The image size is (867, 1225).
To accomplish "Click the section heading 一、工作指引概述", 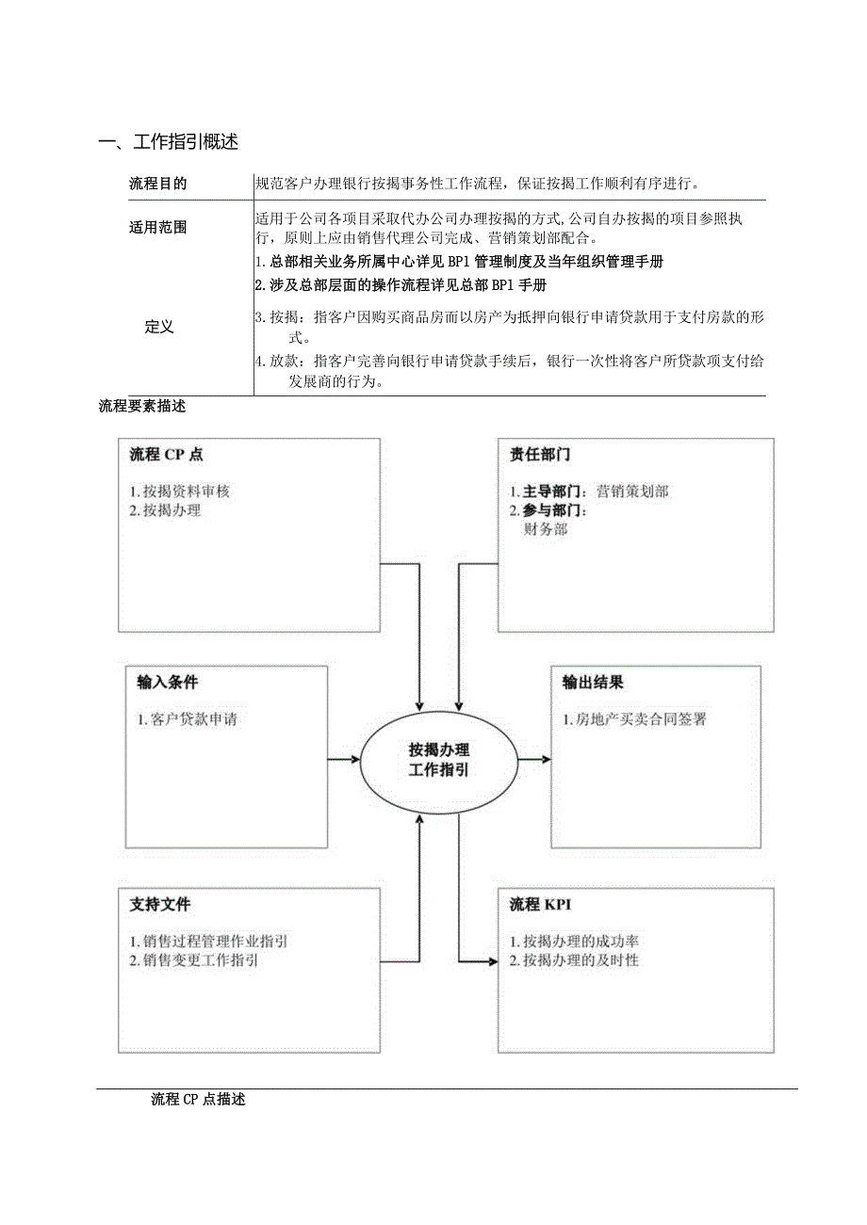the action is (x=169, y=143).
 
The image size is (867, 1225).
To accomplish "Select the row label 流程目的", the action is (x=157, y=184).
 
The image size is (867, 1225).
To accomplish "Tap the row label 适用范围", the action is (x=157, y=227).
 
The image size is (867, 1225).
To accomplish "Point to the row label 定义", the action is (x=159, y=327).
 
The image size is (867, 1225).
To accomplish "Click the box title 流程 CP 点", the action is (x=166, y=454).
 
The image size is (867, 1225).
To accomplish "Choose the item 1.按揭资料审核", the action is (x=179, y=492).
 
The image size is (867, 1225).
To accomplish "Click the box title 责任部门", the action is (x=540, y=454).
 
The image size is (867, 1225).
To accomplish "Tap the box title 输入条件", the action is (x=168, y=683).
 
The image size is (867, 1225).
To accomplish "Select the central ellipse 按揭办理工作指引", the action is (x=438, y=759).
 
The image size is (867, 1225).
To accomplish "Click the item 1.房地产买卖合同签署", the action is (x=634, y=720).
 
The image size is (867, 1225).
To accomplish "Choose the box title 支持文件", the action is (x=160, y=905).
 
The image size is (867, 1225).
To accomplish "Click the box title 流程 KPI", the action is (x=540, y=905).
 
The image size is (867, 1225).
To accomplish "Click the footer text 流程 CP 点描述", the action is (x=198, y=1099).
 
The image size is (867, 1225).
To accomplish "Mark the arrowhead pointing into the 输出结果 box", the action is (x=547, y=759).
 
